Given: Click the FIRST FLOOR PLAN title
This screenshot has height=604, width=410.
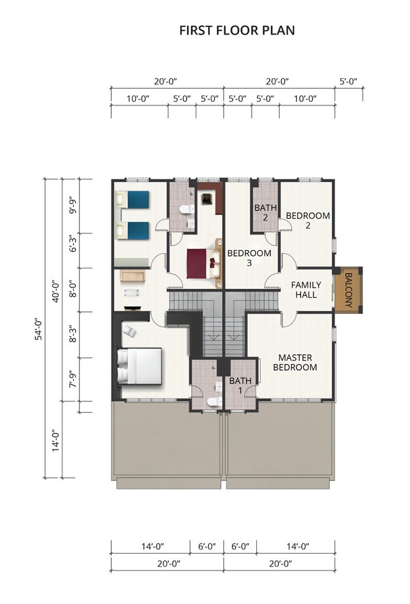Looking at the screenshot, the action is [237, 30].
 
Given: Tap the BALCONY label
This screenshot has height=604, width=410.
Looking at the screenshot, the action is [348, 290].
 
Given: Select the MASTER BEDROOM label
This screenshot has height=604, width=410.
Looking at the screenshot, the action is [295, 362].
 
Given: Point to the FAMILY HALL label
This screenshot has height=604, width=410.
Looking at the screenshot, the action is [306, 290].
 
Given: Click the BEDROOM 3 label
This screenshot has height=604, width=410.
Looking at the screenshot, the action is [249, 258].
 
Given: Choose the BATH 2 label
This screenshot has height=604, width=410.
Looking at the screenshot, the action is [266, 213].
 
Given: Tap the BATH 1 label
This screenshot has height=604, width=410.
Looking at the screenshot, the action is [240, 385].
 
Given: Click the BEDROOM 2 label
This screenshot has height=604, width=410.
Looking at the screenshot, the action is [308, 220].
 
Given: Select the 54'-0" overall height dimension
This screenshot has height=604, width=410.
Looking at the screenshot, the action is [39, 329].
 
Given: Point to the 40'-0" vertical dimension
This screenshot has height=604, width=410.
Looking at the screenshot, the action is [55, 291].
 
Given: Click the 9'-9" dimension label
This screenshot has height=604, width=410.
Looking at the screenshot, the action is [73, 206].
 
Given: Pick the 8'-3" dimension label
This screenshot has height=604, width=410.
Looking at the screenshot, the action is [73, 334].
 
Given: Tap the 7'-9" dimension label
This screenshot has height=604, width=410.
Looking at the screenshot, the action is [73, 380].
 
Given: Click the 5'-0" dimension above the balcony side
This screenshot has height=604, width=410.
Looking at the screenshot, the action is [348, 81].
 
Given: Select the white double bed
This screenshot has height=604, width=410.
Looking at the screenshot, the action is [139, 366].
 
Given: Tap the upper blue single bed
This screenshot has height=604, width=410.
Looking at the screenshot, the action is [132, 200].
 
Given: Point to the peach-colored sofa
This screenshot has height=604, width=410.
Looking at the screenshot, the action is [132, 276].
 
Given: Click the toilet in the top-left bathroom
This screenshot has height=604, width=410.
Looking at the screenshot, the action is [187, 209].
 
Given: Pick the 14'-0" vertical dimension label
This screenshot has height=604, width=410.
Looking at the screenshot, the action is [55, 440].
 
